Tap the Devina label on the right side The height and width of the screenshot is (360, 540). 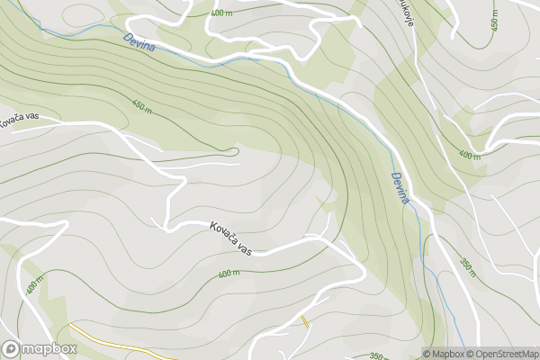(400, 188)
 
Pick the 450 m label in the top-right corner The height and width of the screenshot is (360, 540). (494, 20)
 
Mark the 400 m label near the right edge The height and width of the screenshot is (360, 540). (470, 154)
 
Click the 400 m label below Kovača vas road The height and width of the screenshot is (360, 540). (229, 274)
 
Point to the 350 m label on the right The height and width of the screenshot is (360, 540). (467, 267)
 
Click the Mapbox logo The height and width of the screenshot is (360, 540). (39, 348)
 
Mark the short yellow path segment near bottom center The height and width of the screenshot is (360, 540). (306, 322)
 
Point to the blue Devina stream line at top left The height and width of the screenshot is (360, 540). (72, 34)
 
